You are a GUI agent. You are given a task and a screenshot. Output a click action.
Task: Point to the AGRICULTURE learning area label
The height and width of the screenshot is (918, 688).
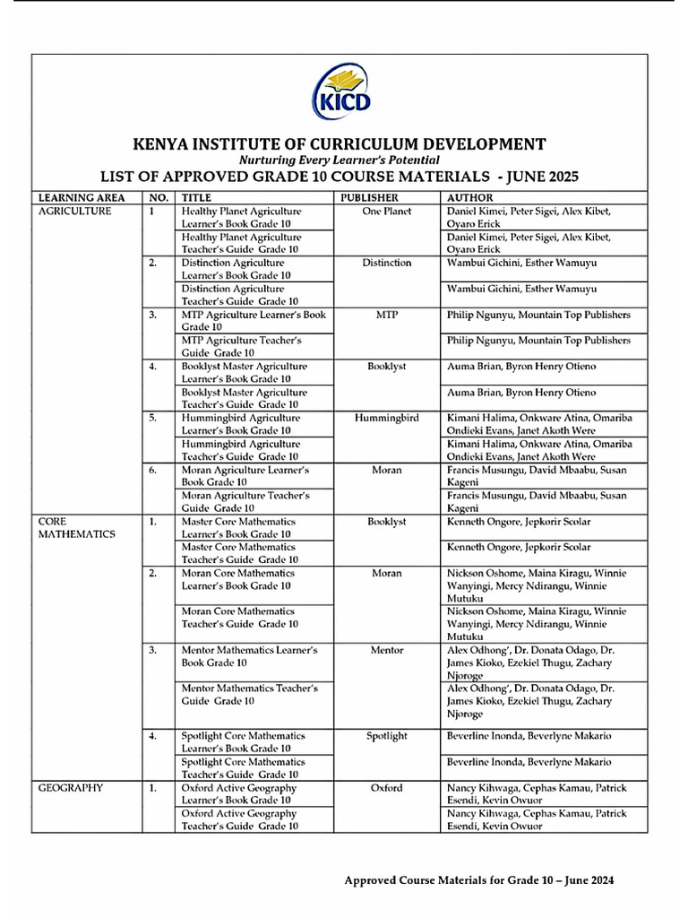point(74,212)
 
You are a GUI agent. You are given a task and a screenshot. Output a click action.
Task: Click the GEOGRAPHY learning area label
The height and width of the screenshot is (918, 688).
point(71,788)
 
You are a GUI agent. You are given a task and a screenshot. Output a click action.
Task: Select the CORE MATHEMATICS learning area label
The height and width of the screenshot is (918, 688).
point(76,527)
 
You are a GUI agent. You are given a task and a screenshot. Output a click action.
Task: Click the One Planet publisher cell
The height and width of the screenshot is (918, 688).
point(387,212)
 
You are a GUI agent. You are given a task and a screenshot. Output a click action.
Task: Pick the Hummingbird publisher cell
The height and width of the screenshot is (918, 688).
point(387,418)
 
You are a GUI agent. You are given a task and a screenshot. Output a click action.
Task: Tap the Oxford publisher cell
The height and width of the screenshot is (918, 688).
point(387,788)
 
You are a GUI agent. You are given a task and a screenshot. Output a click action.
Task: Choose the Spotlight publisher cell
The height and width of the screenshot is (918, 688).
point(387,736)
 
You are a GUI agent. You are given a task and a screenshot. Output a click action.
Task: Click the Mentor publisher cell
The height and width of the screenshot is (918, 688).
point(387,650)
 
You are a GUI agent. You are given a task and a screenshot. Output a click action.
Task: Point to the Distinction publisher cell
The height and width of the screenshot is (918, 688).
point(387,263)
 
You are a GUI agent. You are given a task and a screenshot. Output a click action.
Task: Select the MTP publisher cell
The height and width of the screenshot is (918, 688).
point(387,315)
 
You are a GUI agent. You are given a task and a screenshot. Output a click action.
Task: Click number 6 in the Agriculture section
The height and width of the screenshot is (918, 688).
point(153,470)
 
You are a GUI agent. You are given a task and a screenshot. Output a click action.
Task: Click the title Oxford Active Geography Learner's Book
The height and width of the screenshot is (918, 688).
point(239,793)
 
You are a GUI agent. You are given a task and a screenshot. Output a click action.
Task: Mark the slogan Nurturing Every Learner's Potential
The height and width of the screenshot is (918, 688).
point(340,160)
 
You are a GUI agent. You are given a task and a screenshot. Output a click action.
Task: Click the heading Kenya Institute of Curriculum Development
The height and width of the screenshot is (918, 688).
point(340,143)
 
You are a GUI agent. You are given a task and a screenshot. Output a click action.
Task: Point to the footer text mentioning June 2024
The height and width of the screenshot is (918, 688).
point(479,880)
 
